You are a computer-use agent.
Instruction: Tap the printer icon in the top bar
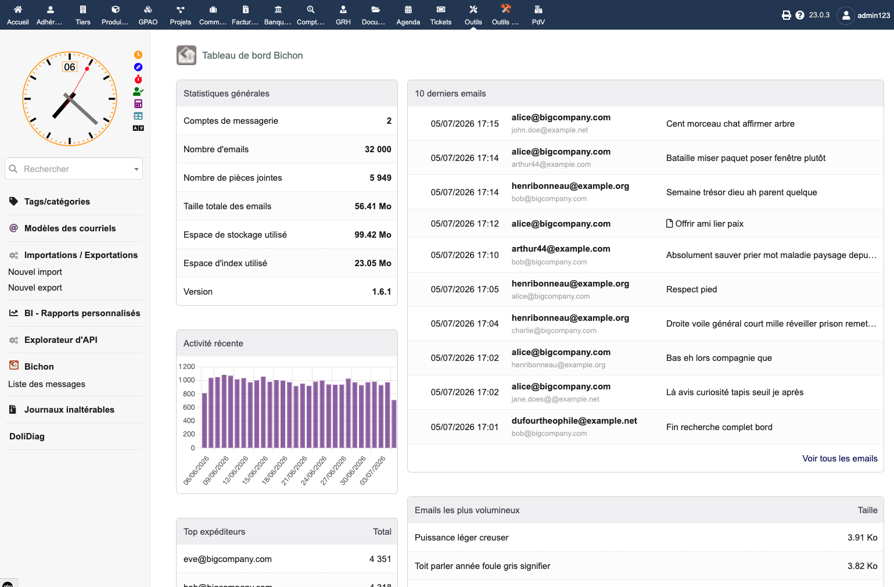[786, 15]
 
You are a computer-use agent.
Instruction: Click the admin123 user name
[874, 16]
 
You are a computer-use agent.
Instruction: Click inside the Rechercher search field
[74, 169]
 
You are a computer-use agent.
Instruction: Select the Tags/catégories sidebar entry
[57, 202]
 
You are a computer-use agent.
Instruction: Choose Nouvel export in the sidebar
[35, 288]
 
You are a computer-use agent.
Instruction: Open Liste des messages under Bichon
[46, 384]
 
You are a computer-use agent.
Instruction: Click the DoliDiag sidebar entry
[27, 436]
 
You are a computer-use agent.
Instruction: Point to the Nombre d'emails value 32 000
[378, 149]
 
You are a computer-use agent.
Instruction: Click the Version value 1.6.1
[382, 292]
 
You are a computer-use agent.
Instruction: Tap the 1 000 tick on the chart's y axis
[186, 380]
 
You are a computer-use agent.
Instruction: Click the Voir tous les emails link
[840, 459]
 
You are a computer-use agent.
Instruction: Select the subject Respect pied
[691, 289]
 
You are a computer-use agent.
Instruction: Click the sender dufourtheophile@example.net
[574, 421]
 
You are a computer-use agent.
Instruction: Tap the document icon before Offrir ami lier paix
[669, 224]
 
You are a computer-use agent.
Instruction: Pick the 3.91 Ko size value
[862, 538]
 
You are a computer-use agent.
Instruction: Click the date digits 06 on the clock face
[70, 67]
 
